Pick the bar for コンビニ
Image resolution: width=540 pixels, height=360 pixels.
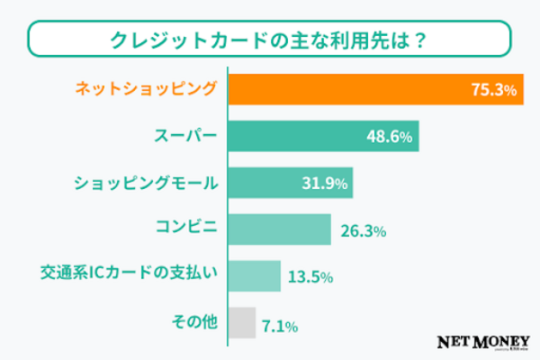(x=280, y=229)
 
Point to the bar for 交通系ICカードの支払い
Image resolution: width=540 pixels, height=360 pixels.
(x=255, y=276)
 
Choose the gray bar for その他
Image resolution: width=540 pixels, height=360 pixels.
(x=241, y=322)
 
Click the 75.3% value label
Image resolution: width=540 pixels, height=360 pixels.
(x=493, y=90)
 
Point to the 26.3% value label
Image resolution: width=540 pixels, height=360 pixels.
(x=364, y=230)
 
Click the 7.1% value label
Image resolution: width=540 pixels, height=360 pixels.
(x=280, y=323)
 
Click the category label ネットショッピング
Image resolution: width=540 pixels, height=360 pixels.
(x=145, y=90)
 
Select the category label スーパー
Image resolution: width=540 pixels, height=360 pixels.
(x=184, y=137)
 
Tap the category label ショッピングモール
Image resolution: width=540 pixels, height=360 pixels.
(x=145, y=184)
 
